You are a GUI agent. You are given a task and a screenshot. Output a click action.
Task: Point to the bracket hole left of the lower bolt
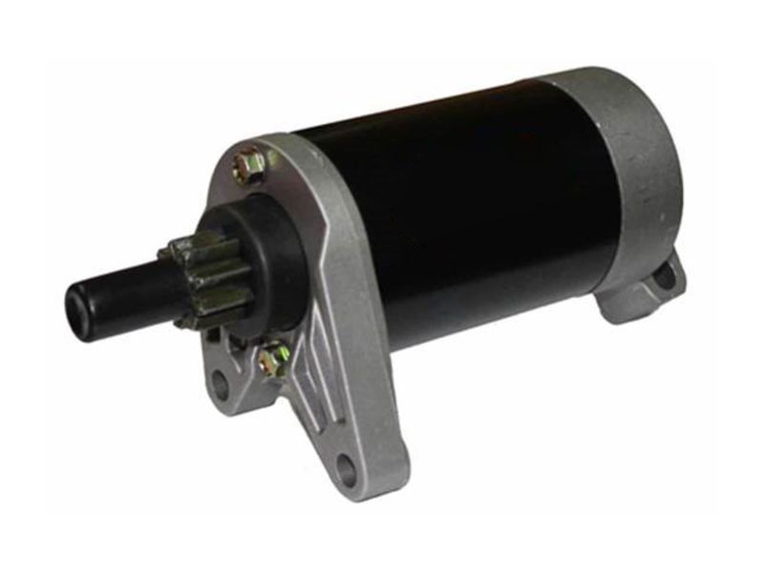tap(221, 387)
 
